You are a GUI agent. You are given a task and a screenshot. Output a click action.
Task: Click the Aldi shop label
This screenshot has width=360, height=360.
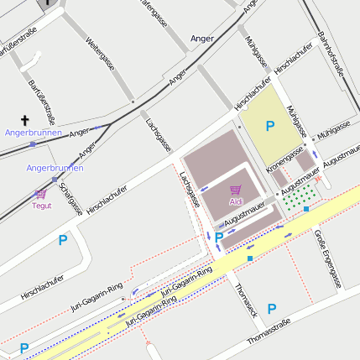236,202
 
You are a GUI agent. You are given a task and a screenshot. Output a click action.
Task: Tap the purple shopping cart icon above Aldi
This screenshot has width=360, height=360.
236,190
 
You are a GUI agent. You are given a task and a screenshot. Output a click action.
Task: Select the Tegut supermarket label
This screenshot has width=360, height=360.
41,205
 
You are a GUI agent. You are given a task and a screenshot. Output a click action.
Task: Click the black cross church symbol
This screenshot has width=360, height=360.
24,120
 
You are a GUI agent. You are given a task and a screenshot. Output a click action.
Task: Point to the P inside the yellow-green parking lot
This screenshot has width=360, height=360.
269,127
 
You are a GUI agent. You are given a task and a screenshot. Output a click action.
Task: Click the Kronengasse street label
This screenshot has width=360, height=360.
284,159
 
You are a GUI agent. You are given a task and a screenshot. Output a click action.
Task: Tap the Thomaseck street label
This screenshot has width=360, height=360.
245,299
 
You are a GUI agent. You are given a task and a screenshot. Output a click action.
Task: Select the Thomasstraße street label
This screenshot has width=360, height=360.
274,336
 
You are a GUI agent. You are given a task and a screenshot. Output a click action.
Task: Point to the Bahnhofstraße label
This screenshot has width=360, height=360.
332,54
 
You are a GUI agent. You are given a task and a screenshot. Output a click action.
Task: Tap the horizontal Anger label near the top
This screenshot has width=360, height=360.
202,39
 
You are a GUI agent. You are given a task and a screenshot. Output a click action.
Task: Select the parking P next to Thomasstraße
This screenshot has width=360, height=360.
271,309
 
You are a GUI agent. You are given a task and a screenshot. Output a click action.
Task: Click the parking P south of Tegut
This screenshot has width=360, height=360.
62,241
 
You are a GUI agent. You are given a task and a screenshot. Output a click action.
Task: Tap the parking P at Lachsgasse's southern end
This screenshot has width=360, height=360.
219,237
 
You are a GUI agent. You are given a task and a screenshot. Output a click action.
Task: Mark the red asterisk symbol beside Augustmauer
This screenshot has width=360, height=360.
318,180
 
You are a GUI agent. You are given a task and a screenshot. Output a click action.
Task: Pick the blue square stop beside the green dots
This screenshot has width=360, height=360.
307,208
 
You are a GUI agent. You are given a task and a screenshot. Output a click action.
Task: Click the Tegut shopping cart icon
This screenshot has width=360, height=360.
41,194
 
